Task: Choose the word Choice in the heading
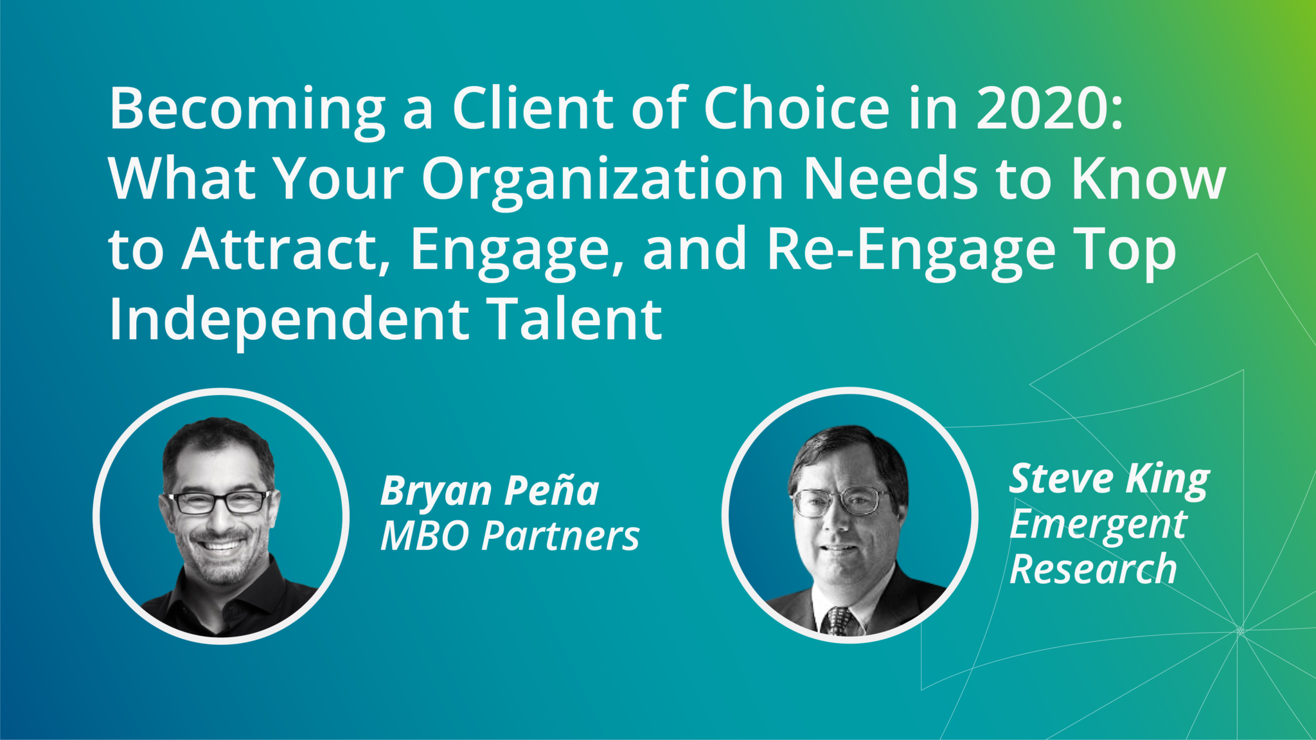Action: [796, 108]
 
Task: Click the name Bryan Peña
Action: [490, 491]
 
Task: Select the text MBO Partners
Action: [510, 536]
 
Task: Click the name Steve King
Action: [1109, 479]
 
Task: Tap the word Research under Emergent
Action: [1092, 569]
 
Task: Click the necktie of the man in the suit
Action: [839, 621]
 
